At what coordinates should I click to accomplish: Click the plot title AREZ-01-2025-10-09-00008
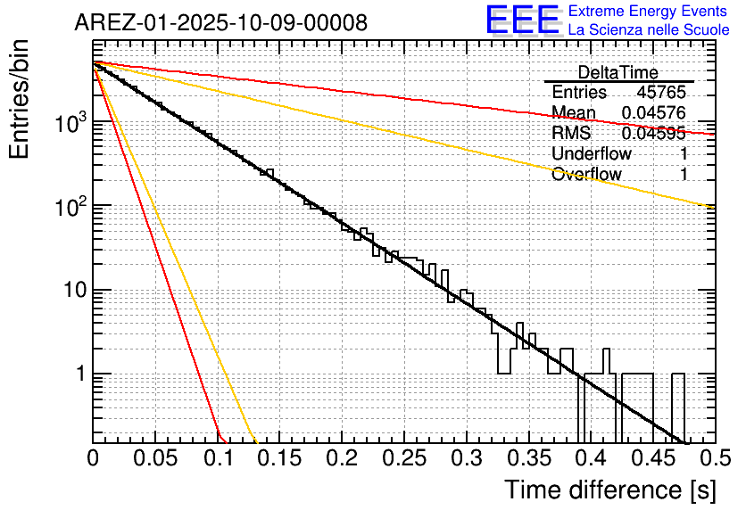click(x=220, y=23)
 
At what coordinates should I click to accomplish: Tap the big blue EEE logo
click(x=522, y=20)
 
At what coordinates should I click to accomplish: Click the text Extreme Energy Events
click(x=649, y=12)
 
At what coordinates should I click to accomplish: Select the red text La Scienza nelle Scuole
click(x=649, y=29)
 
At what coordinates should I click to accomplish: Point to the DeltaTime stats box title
click(x=618, y=72)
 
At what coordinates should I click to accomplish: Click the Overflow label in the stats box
click(x=586, y=175)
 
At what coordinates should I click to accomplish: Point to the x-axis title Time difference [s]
click(x=609, y=489)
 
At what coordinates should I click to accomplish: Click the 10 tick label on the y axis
click(x=69, y=291)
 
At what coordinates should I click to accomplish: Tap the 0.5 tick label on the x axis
click(x=714, y=458)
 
